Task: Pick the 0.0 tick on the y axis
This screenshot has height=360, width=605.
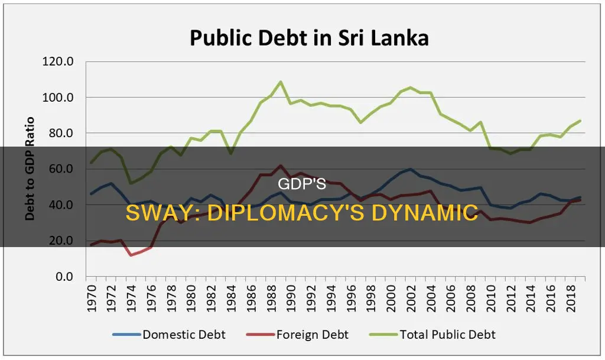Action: (x=62, y=277)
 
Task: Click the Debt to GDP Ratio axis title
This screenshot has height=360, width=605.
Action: (x=30, y=168)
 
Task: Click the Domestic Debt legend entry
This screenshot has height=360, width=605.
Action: (x=176, y=335)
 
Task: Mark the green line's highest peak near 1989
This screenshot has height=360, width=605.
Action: (x=281, y=82)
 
